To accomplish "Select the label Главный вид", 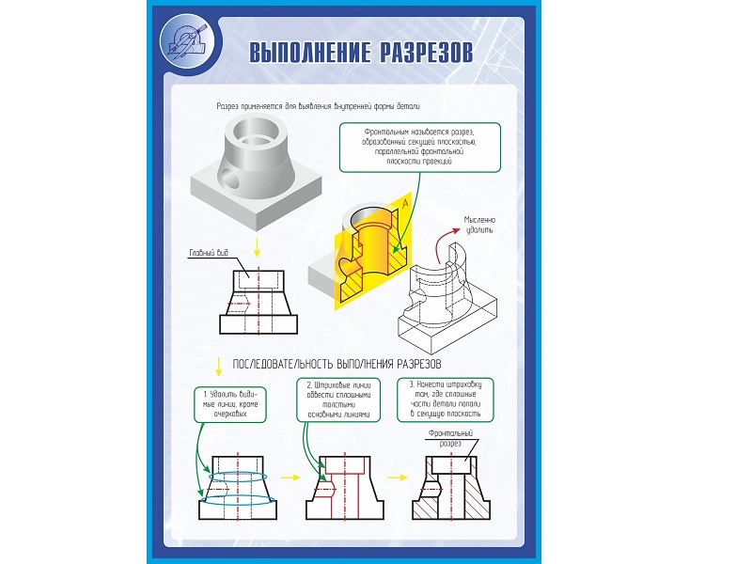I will pyautogui.click(x=209, y=252).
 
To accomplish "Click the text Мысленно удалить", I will pyautogui.click(x=478, y=225).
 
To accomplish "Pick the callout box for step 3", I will pyautogui.click(x=446, y=399).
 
